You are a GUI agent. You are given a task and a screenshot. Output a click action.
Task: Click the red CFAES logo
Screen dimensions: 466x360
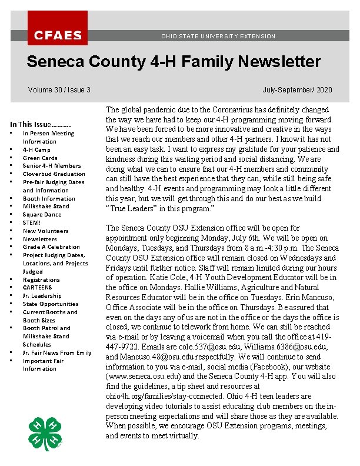tap(58, 28)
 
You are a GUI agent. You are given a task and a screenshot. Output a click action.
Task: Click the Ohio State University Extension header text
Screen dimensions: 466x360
tap(218, 36)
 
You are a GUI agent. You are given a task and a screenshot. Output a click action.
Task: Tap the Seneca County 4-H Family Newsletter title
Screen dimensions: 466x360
tap(174, 62)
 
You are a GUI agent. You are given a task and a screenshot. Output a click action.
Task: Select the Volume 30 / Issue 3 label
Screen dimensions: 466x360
tap(59, 90)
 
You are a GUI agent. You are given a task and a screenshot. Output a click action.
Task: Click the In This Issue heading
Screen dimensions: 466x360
tap(40, 124)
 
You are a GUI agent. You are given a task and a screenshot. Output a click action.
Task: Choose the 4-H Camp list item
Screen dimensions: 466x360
tap(36, 149)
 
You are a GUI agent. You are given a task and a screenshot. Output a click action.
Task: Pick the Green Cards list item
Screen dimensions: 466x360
tap(40, 158)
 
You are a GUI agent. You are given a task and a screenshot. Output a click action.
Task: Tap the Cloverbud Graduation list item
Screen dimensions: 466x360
tap(54, 174)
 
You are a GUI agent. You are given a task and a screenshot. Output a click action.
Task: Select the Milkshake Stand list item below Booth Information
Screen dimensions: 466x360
tap(46, 207)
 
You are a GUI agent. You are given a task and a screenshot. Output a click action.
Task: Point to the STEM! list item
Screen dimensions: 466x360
tap(32, 223)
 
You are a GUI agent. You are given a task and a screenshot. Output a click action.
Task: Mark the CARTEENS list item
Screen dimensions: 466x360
tap(37, 288)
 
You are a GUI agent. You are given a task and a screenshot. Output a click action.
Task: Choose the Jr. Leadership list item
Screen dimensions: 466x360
tap(42, 296)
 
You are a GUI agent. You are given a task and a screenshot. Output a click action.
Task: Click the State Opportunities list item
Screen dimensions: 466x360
tap(51, 304)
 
